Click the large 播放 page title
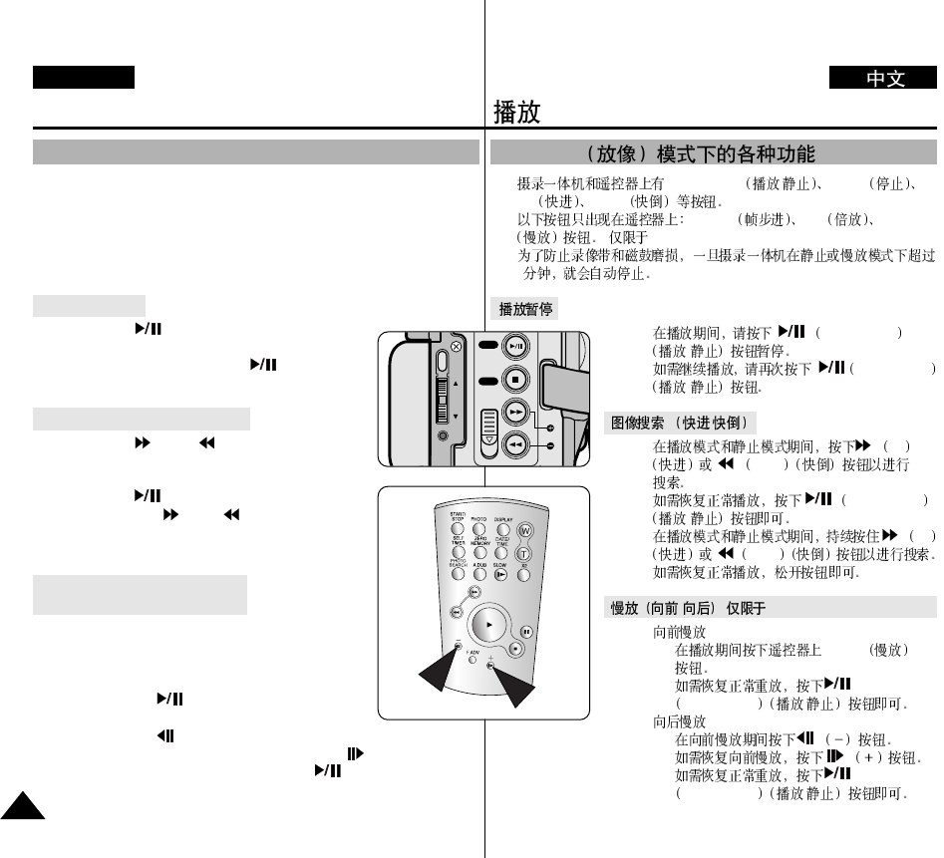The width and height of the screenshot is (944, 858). pyautogui.click(x=517, y=112)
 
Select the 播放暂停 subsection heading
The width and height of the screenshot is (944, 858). pyautogui.click(x=527, y=310)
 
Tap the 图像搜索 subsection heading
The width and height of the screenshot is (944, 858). pyautogui.click(x=682, y=423)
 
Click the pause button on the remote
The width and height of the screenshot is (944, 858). pyautogui.click(x=526, y=632)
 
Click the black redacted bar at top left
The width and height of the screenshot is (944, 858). pyautogui.click(x=83, y=78)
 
